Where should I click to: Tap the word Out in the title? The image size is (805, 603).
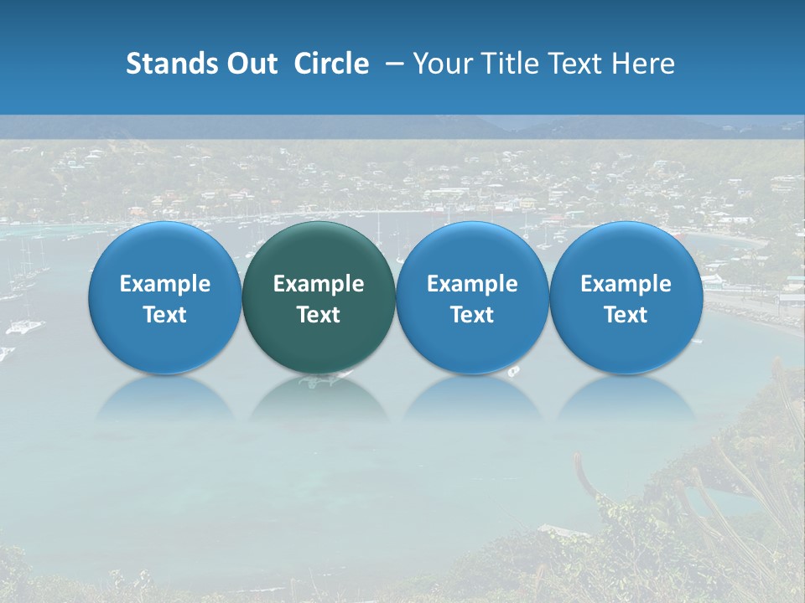(251, 64)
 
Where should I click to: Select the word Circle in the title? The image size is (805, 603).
(331, 64)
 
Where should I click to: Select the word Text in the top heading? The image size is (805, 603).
(575, 64)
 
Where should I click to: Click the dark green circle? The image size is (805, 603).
(319, 298)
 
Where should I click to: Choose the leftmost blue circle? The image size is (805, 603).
(165, 298)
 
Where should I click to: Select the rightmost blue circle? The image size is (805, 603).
(626, 298)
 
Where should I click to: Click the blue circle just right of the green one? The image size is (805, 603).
(472, 298)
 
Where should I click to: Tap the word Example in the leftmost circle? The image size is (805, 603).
(165, 284)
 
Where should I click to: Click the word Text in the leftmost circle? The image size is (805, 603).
(165, 315)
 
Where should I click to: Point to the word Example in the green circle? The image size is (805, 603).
(319, 284)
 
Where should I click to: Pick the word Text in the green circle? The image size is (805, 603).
(319, 315)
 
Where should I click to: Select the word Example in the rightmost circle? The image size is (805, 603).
(626, 284)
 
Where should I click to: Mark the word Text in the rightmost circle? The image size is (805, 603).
(626, 315)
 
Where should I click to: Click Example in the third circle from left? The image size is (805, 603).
(472, 284)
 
